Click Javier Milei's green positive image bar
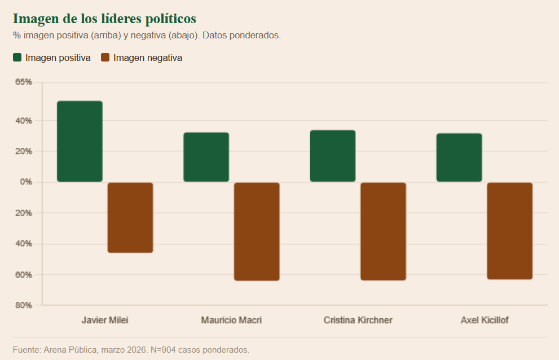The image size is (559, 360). coord(80,142)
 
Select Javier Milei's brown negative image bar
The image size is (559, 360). coord(130,217)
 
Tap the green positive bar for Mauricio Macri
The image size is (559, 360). coord(206,157)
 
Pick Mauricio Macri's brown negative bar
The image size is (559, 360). coord(257,231)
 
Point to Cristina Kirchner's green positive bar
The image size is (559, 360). coord(332,156)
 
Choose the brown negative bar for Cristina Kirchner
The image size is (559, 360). coord(383,231)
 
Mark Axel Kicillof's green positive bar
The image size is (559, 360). coord(459,158)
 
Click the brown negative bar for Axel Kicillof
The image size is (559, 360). coord(509,231)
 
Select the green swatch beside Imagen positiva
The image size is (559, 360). coord(17,58)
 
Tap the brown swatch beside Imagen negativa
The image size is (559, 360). coord(105,58)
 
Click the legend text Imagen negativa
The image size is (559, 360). coord(148,58)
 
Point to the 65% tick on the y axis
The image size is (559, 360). coord(24,82)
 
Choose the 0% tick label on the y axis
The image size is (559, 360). coord(26,182)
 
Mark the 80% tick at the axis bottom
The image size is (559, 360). coord(24,305)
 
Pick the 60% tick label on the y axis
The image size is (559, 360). coord(24,275)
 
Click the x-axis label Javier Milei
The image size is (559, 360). coord(105,321)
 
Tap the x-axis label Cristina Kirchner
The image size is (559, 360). coord(358,321)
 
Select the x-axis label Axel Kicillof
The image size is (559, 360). coord(485,321)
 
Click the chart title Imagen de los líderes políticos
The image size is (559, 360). coord(104,19)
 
